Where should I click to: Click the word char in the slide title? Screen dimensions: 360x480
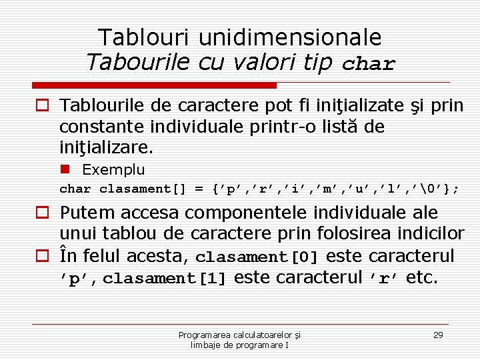click(x=369, y=65)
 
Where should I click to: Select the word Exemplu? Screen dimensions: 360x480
click(x=113, y=169)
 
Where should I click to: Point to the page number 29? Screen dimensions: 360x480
click(x=438, y=335)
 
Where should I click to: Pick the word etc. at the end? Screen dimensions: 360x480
click(x=422, y=277)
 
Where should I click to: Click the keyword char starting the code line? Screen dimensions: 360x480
click(x=75, y=189)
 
